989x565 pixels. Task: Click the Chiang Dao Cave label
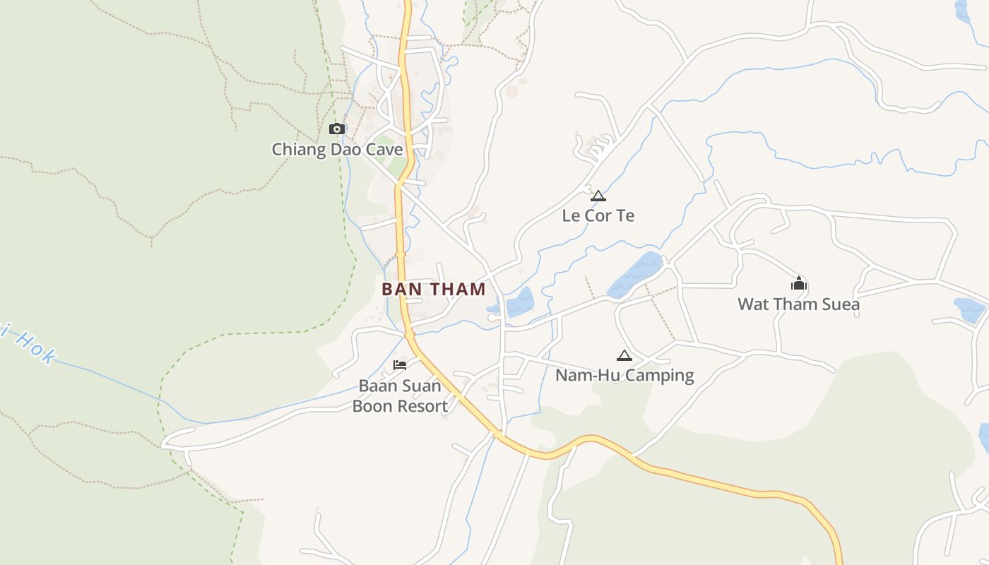[337, 150]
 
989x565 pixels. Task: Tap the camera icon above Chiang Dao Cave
[337, 129]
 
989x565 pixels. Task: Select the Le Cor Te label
[598, 215]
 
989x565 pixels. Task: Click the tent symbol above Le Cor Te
[598, 196]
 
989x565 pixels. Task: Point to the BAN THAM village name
[434, 289]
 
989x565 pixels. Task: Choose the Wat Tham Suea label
[798, 304]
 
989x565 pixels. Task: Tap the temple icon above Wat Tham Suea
[799, 284]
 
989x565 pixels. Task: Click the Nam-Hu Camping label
[624, 375]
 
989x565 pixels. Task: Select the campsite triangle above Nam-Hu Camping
[624, 355]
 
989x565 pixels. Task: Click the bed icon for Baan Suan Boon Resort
[400, 365]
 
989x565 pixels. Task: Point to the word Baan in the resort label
[378, 386]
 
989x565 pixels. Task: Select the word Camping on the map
[658, 375]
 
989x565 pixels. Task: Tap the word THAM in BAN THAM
[457, 289]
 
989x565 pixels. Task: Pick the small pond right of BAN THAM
[519, 302]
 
